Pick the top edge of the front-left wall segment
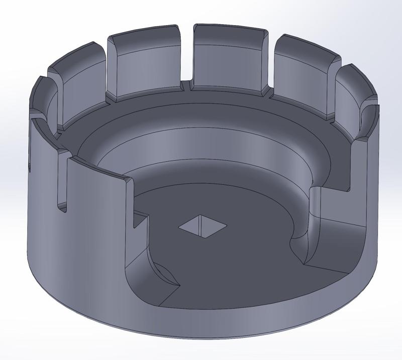pos(100,168)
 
